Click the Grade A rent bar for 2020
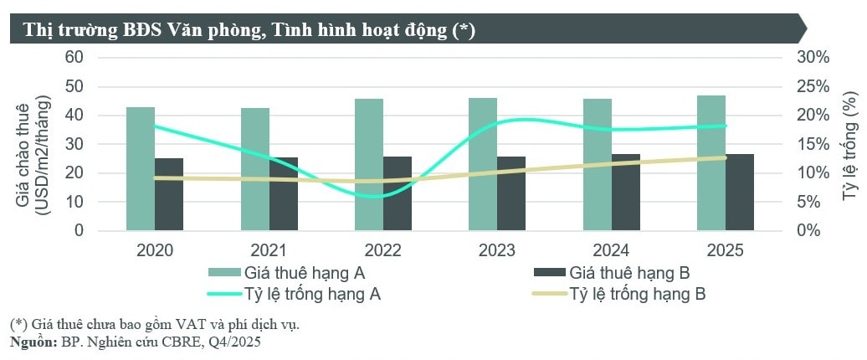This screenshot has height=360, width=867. [x=141, y=167]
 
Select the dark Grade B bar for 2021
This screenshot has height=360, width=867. [x=284, y=193]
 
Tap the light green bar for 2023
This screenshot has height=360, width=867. [x=483, y=163]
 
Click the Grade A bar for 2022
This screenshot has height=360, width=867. [x=369, y=164]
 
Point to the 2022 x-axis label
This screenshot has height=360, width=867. [x=382, y=249]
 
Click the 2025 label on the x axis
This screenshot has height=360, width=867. [x=725, y=249]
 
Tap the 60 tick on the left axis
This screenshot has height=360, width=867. [x=74, y=57]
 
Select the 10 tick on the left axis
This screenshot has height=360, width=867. [x=74, y=202]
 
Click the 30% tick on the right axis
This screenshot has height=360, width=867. [x=813, y=57]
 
